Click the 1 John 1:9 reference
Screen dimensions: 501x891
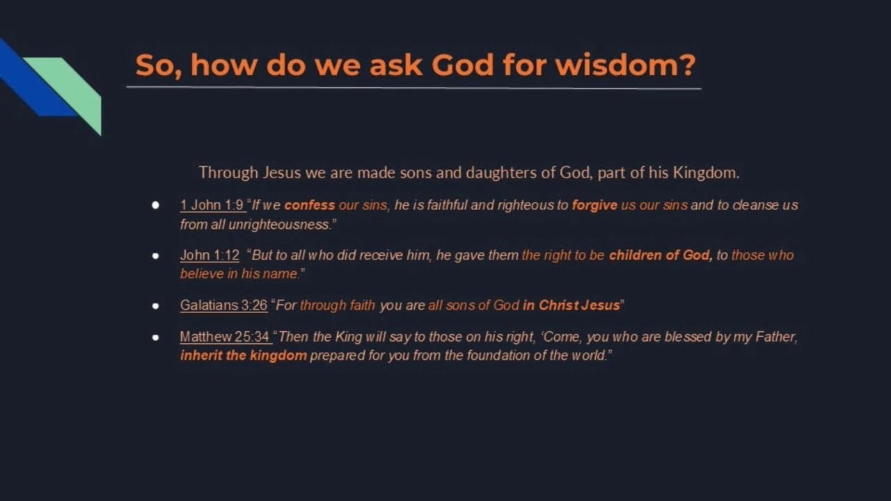(212, 205)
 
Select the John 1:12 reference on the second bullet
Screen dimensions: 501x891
(210, 255)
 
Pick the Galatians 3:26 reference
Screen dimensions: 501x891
(223, 305)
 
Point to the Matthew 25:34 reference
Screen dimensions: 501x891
(225, 337)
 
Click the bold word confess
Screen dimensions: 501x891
(310, 205)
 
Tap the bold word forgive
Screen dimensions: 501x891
(594, 205)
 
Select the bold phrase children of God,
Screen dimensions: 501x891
(661, 255)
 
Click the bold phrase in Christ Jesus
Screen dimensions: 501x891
(571, 305)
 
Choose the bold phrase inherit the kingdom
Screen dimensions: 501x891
(244, 356)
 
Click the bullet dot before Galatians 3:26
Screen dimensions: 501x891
(155, 305)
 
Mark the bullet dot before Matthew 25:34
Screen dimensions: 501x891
(155, 337)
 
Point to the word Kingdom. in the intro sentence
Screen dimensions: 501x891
(706, 173)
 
